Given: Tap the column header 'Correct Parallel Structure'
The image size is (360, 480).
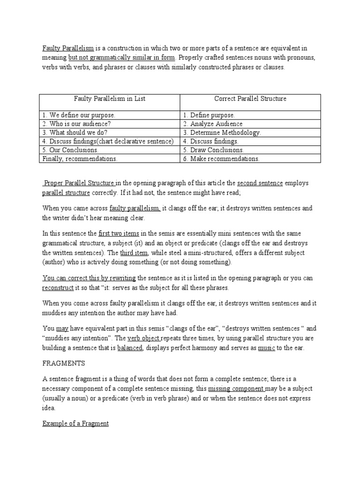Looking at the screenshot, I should [x=250, y=99].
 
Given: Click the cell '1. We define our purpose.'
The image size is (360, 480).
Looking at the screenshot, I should [x=79, y=115].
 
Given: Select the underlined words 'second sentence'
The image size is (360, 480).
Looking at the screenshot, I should [x=260, y=183].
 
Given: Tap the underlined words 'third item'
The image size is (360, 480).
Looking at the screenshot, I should [x=137, y=253].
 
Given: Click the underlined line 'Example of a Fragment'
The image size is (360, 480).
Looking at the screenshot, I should [x=75, y=423].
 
